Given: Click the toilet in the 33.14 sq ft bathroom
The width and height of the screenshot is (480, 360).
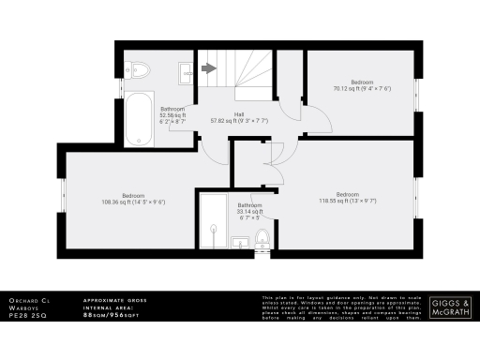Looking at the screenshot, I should (x=262, y=240).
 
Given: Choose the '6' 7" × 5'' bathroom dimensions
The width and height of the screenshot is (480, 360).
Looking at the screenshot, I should (x=249, y=218).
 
